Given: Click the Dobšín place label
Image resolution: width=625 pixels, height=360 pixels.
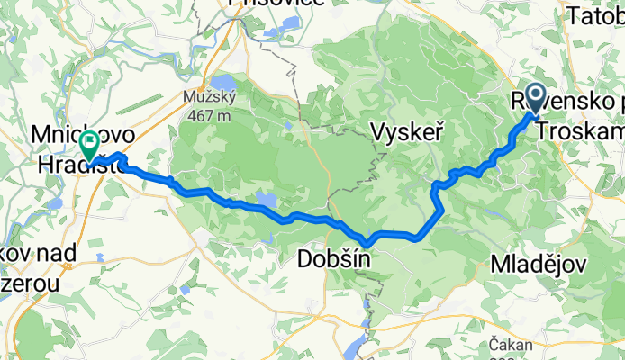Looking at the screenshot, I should coord(331,261).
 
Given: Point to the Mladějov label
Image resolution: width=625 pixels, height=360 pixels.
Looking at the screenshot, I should coord(539,265).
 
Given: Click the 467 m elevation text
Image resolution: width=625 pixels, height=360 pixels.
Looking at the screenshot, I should coord(211,114).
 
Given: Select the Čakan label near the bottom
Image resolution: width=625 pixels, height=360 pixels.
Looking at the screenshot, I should coord(506,343).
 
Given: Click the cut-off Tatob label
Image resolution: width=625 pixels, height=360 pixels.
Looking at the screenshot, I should coord(595,17).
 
